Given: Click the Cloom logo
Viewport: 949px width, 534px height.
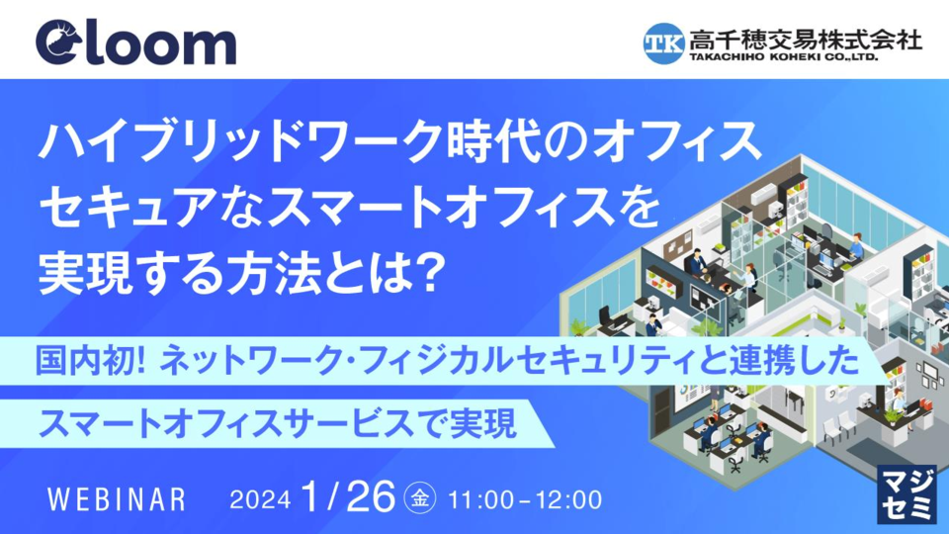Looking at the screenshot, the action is (x=135, y=43).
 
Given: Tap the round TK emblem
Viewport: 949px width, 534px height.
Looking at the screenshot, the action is (x=664, y=43).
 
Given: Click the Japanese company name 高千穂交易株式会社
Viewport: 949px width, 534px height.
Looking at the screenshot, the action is (x=806, y=40).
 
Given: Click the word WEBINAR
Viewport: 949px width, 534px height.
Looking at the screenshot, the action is (x=117, y=500).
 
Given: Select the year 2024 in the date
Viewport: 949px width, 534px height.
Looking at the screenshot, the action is (x=260, y=500).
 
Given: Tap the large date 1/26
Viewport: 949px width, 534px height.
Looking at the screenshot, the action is (x=348, y=496).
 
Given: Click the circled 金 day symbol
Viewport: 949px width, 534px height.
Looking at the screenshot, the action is (x=420, y=498).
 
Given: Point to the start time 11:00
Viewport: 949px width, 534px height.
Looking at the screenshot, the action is (x=480, y=500).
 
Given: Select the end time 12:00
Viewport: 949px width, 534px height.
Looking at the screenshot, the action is (x=569, y=500).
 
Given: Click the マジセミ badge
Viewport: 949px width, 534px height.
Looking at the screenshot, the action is (x=906, y=494).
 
